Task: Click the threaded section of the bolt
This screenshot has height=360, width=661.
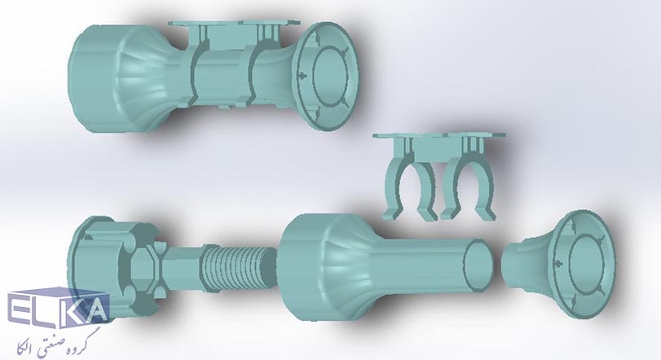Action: click(239, 268)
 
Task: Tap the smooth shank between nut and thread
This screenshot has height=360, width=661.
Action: click(182, 267)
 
